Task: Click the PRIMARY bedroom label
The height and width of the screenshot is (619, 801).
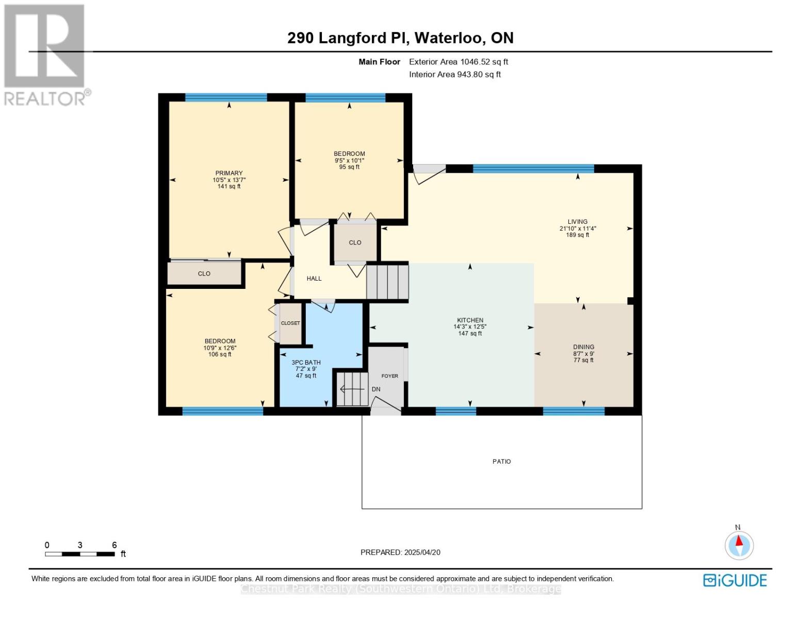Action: pyautogui.click(x=229, y=173)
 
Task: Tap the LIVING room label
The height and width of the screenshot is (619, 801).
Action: pyautogui.click(x=577, y=222)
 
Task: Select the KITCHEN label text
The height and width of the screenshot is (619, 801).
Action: pyautogui.click(x=470, y=320)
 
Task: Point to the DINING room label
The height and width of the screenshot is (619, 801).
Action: pyautogui.click(x=583, y=347)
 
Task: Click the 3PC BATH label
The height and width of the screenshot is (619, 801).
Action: pyautogui.click(x=306, y=363)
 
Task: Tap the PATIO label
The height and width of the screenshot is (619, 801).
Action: pyautogui.click(x=502, y=461)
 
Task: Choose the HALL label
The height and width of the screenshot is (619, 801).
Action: pyautogui.click(x=314, y=279)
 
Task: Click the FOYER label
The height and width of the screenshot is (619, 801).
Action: pyautogui.click(x=389, y=376)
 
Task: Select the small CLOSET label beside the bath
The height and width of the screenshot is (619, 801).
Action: pyautogui.click(x=290, y=323)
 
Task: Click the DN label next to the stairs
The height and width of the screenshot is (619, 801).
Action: pyautogui.click(x=376, y=389)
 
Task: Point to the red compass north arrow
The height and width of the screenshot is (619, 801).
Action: pyautogui.click(x=739, y=541)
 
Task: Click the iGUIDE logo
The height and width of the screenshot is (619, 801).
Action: pyautogui.click(x=734, y=580)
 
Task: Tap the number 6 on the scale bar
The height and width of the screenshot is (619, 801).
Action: pyautogui.click(x=115, y=545)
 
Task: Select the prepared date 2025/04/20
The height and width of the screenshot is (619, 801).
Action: pyautogui.click(x=422, y=552)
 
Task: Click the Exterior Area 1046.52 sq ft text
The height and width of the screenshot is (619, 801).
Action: pyautogui.click(x=459, y=61)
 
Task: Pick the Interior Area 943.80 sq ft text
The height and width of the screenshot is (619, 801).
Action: pyautogui.click(x=455, y=74)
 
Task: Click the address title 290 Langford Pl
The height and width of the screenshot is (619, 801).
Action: pyautogui.click(x=348, y=38)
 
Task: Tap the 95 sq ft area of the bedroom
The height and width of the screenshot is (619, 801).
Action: pyautogui.click(x=349, y=167)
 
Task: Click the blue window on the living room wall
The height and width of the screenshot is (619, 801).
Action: pyautogui.click(x=533, y=169)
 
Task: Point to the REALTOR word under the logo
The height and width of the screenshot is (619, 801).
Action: pyautogui.click(x=44, y=99)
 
